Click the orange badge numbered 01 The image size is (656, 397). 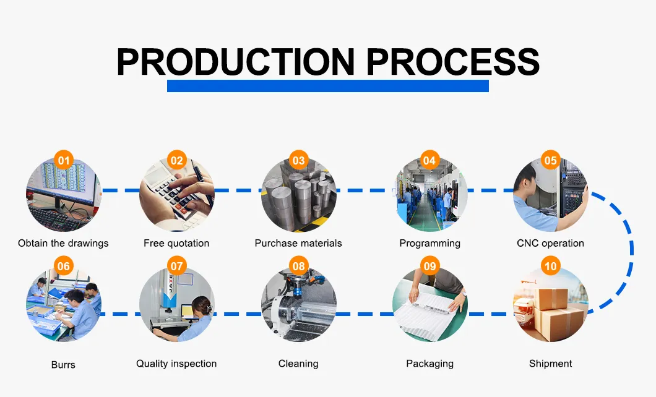coord(64,161)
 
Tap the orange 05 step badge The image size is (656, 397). coord(551,161)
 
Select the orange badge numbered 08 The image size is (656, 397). coord(299,266)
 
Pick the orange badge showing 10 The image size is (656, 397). coord(551,266)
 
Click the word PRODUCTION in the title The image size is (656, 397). coord(236,62)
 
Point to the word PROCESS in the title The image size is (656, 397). coord(453,62)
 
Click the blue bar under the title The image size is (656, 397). coord(328,86)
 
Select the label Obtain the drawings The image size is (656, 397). coord(63,243)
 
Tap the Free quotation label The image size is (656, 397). coord(176,243)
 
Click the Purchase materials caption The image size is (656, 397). coord(298,243)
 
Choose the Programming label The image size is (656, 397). coord(429,244)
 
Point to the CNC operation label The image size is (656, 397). coord(551,243)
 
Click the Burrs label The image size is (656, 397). coord(63,365)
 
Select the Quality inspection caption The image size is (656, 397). coord(176,364)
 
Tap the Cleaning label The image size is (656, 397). coord(298,364)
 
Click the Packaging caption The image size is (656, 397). coord(429,364)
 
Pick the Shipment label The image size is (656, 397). coord(551,364)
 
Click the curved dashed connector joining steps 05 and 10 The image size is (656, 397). coord(631,250)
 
